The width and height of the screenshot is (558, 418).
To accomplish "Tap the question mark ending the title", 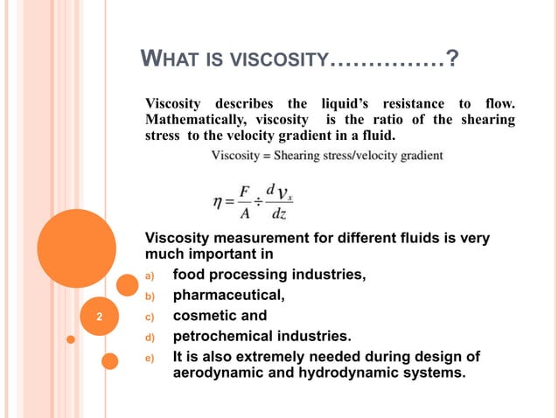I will tap(451, 60).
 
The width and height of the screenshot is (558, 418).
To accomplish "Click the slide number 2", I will tap(100, 317).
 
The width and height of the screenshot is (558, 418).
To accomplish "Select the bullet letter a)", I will tap(149, 277).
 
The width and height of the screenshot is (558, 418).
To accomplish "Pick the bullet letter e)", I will tap(149, 358).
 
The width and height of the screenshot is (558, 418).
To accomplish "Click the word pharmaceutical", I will tap(229, 296).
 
